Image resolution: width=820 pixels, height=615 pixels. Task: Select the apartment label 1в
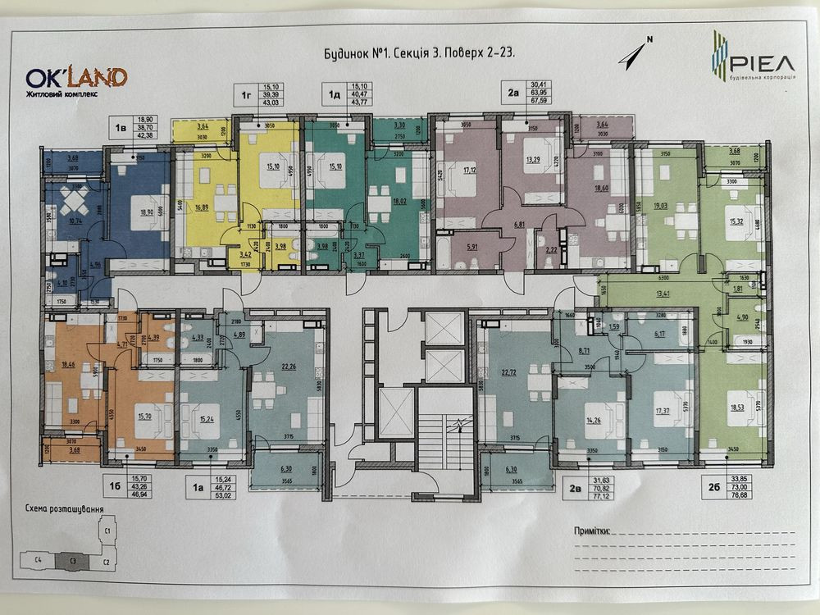(x=121, y=128)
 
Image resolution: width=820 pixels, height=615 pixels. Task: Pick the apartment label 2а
(x=514, y=93)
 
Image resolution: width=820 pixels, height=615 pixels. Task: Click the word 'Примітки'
(x=593, y=531)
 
